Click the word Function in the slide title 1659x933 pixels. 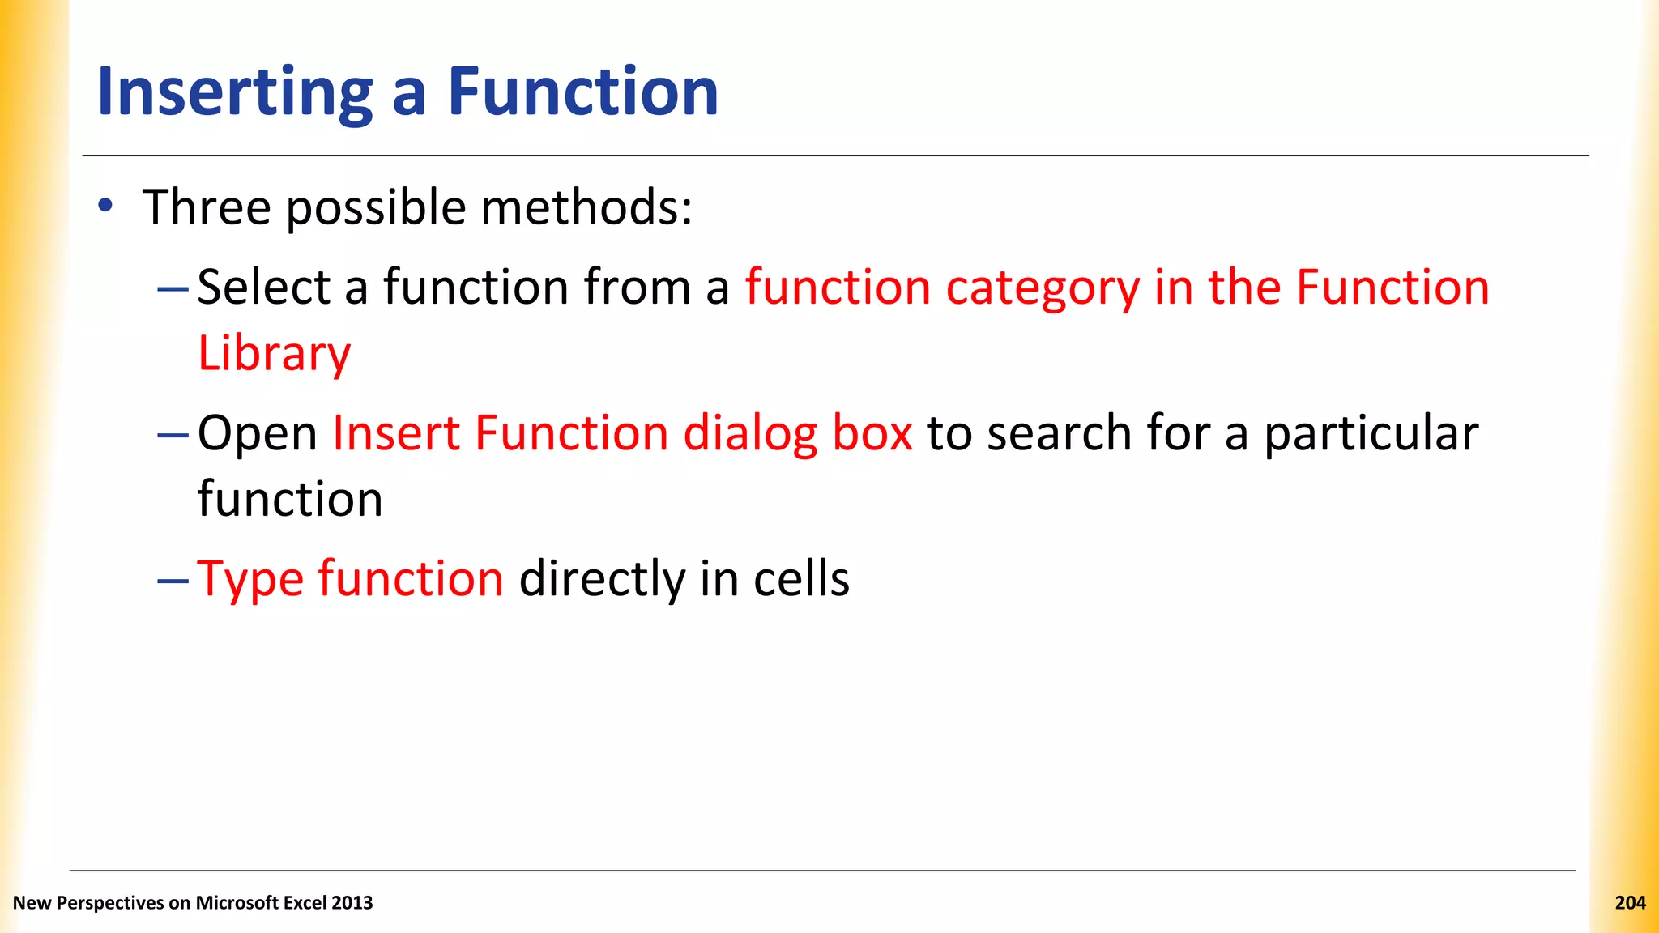point(582,92)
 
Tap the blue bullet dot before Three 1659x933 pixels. point(105,206)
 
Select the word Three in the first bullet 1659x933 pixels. point(207,207)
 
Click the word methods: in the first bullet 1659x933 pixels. point(587,207)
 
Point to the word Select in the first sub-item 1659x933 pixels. point(264,287)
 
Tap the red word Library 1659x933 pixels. point(274,354)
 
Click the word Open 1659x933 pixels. point(258,434)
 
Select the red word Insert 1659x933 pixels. point(396,432)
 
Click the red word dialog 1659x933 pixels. point(750,434)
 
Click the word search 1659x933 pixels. point(1059,432)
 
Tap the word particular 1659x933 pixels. point(1371,434)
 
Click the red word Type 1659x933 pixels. point(250,580)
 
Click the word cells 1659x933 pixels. point(801,578)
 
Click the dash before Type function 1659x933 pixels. point(173,580)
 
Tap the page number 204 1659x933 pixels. point(1630,902)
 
